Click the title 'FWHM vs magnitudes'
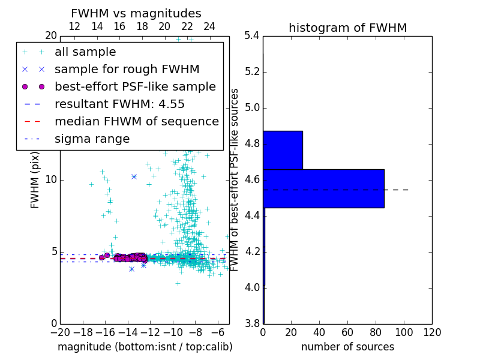tap(136, 14)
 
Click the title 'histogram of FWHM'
tap(347, 28)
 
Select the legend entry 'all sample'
tap(85, 52)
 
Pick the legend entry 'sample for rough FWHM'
tap(127, 70)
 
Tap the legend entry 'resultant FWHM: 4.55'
tap(119, 104)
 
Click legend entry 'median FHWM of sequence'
tap(136, 121)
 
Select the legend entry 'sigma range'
tap(92, 139)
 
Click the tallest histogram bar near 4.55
tap(323, 188)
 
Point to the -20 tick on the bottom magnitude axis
tap(60, 332)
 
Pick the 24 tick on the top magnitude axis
tap(209, 27)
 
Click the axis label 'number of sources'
tap(347, 347)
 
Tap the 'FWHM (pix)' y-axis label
tap(35, 180)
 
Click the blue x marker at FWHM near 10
tap(134, 176)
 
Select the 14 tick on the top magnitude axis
tap(97, 27)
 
